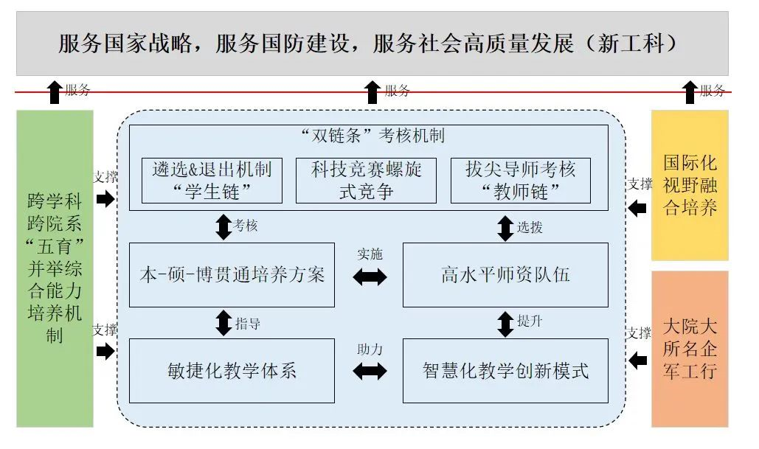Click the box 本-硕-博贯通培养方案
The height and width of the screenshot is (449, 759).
pyautogui.click(x=232, y=275)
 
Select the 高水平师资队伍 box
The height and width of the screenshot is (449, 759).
pyautogui.click(x=505, y=275)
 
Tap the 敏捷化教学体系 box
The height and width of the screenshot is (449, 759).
pyautogui.click(x=232, y=370)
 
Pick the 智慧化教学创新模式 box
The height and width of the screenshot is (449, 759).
pyautogui.click(x=505, y=370)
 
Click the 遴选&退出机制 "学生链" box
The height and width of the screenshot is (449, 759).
pyautogui.click(x=212, y=181)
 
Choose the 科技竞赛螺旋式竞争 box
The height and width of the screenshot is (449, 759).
pyautogui.click(x=366, y=181)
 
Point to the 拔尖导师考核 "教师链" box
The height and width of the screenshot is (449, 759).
pyautogui.click(x=520, y=181)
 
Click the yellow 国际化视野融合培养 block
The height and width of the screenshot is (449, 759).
pyautogui.click(x=690, y=185)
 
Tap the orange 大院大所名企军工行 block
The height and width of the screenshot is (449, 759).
pyautogui.click(x=690, y=349)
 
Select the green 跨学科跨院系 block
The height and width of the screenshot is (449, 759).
pyautogui.click(x=55, y=268)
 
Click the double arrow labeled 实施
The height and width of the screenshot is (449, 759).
pyautogui.click(x=370, y=277)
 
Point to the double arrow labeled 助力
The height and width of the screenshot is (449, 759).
pyautogui.click(x=370, y=372)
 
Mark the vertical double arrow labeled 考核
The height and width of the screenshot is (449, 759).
pyautogui.click(x=223, y=226)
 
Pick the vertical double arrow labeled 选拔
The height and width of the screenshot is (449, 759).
pyautogui.click(x=505, y=227)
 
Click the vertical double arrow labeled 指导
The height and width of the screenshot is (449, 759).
pyautogui.click(x=223, y=323)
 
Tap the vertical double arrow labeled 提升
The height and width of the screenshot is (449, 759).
pyautogui.click(x=505, y=323)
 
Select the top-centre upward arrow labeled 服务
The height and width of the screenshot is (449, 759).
pyautogui.click(x=372, y=92)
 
